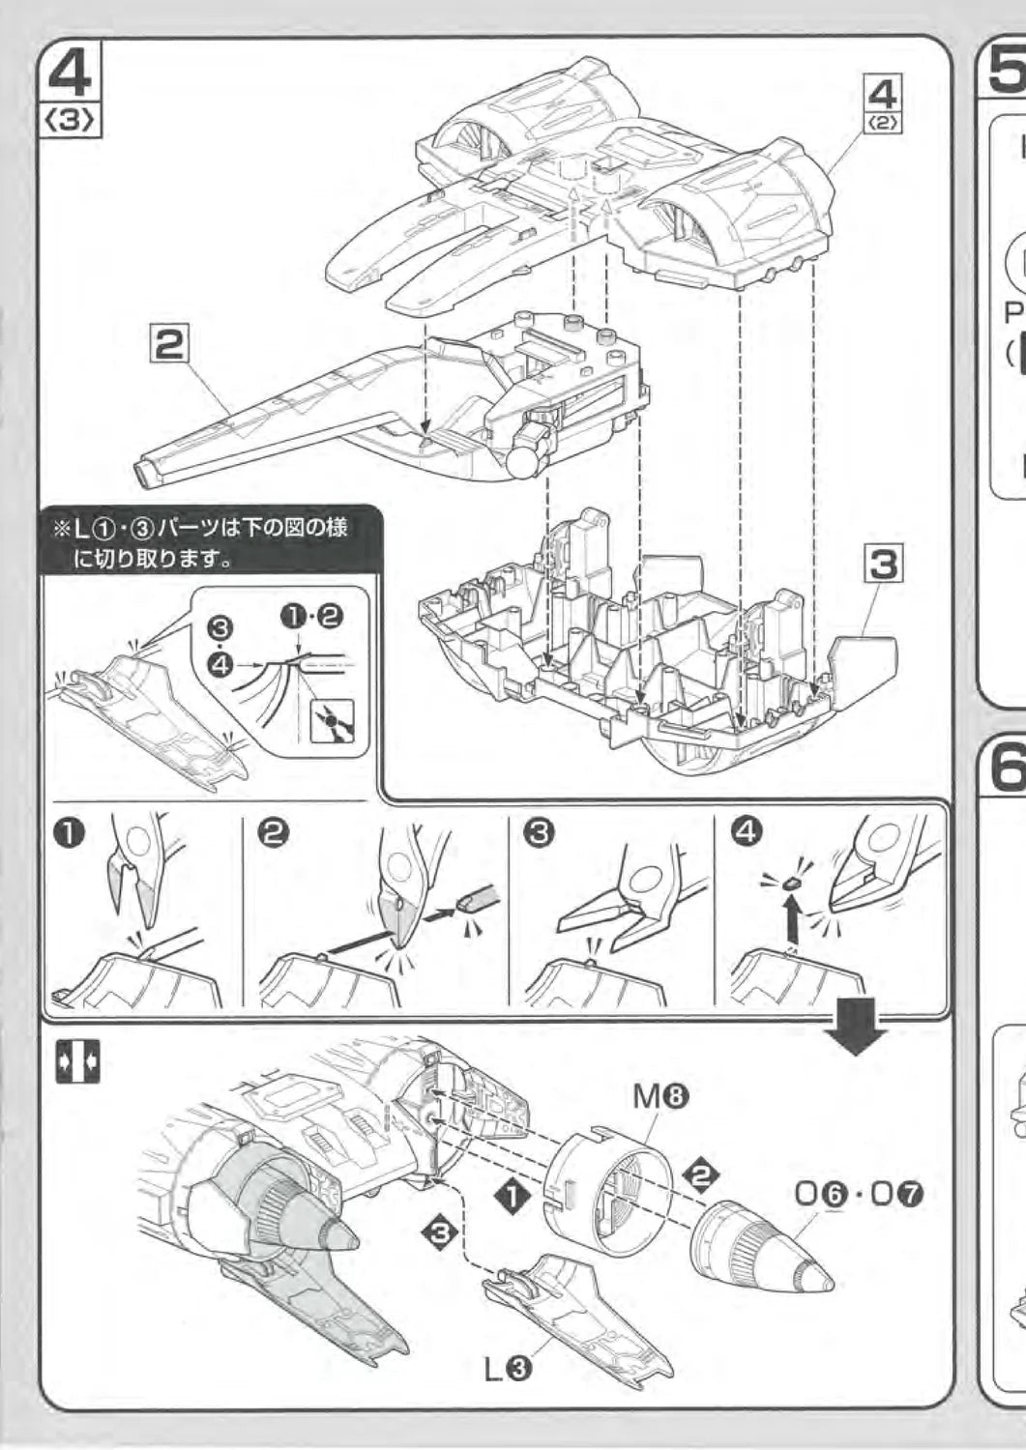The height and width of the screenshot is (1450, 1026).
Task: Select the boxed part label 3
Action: click(x=882, y=565)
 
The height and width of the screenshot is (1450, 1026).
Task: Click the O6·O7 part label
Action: click(x=859, y=1194)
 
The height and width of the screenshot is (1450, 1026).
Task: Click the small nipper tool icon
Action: click(x=332, y=720)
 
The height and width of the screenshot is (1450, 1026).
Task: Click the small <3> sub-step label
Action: click(x=71, y=121)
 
